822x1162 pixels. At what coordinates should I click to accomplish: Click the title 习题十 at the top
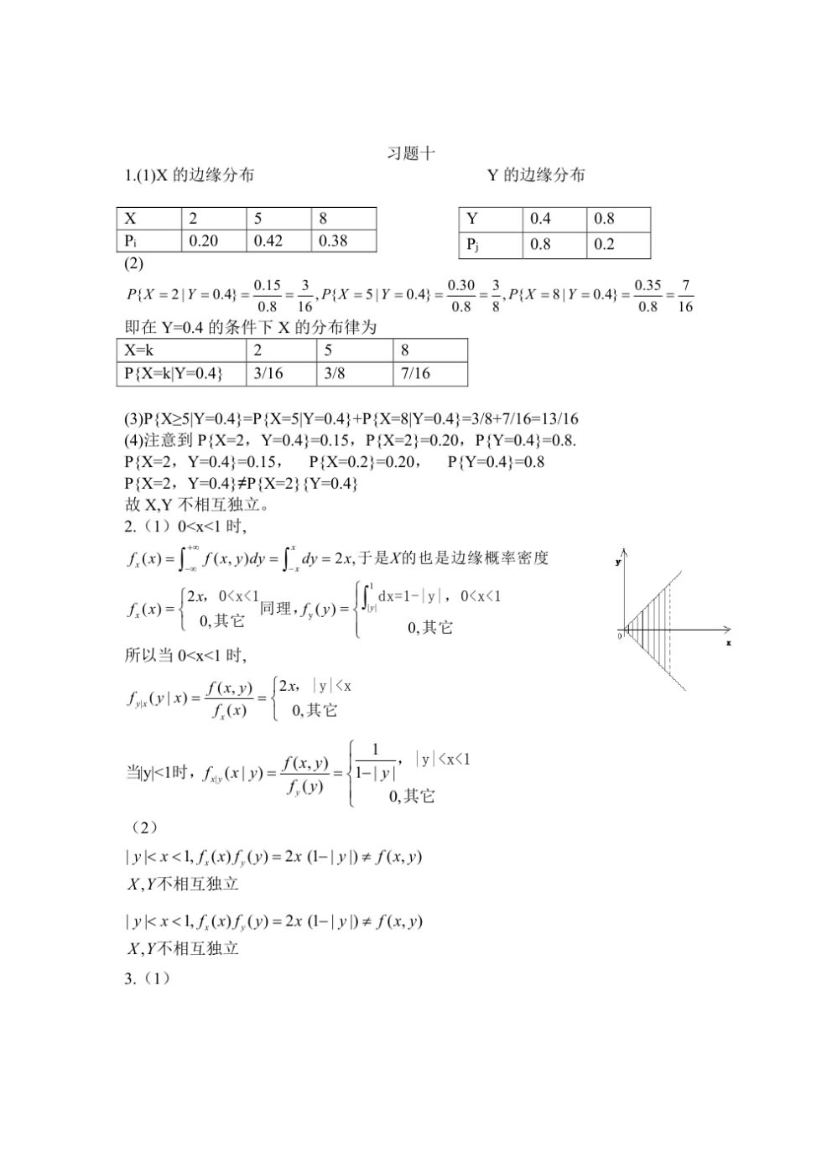[x=411, y=153]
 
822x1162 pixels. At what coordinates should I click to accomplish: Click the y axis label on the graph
[x=618, y=562]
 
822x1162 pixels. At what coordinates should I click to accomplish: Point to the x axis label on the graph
[x=728, y=642]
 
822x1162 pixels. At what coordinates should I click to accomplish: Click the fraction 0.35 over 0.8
[x=648, y=296]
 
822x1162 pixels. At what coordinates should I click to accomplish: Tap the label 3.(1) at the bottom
[x=148, y=978]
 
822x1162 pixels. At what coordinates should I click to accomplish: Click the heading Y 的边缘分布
[x=536, y=175]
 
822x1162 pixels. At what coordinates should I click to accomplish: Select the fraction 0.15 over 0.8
[x=268, y=296]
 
